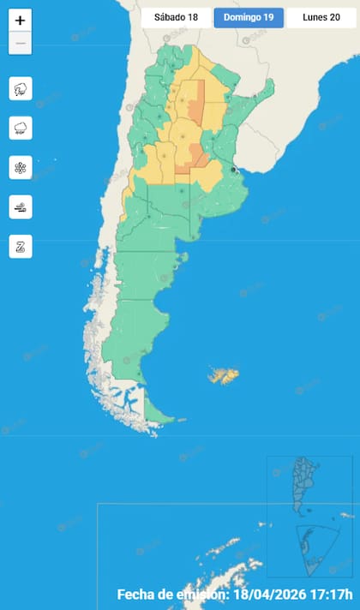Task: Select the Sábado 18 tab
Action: (175, 17)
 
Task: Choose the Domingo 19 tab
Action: (248, 17)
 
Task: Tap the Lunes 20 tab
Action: (321, 17)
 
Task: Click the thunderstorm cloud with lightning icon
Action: (21, 89)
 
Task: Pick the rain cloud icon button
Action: (21, 129)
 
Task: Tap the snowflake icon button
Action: (21, 167)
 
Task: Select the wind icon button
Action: (21, 206)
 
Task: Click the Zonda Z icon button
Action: (21, 246)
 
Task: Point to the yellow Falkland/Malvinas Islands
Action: (225, 375)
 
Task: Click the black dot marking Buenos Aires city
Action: (233, 170)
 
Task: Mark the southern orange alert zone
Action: (196, 156)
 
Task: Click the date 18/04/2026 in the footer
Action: (273, 595)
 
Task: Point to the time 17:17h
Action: (335, 595)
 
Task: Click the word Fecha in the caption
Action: (137, 595)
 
